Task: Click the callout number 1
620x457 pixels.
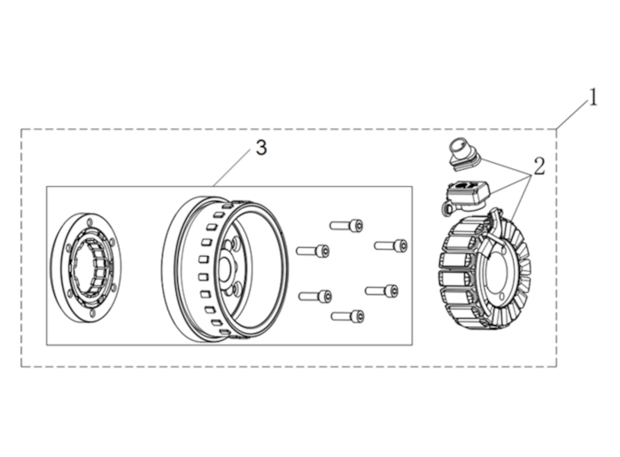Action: click(x=593, y=97)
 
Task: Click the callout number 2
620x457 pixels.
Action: click(x=539, y=166)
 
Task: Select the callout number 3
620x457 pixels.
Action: click(x=261, y=148)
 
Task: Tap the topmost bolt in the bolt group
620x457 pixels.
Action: click(x=347, y=225)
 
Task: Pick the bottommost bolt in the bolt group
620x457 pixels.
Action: click(x=348, y=316)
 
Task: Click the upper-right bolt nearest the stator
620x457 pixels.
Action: click(x=391, y=245)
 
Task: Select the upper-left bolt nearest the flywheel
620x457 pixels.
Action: click(x=313, y=251)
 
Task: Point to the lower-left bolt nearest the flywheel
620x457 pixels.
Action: click(x=315, y=296)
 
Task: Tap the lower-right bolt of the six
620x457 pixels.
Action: click(x=382, y=291)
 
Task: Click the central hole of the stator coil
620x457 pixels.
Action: click(x=495, y=273)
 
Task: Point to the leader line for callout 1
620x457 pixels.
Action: click(x=573, y=114)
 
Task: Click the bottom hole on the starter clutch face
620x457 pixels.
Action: click(x=92, y=313)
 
